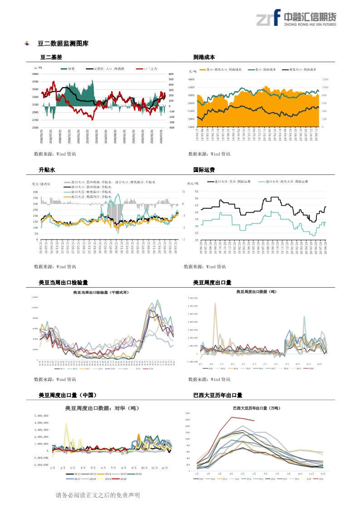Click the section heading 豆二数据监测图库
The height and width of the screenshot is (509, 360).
coord(63,44)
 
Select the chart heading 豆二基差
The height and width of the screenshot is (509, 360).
coord(51,58)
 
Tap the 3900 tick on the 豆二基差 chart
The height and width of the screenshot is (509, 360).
coord(35,74)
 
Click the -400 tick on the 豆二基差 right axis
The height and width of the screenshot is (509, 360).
coord(171,127)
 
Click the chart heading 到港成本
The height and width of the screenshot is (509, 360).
coord(204,58)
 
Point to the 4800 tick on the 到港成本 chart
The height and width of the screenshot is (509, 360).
coord(191,79)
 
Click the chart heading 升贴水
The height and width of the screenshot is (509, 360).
coord(47,170)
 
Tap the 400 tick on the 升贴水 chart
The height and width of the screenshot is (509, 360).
coord(35,192)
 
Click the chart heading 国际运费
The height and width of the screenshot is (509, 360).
coord(204,170)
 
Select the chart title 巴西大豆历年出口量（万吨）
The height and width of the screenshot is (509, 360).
coord(256,408)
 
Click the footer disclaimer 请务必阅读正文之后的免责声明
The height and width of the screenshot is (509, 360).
coord(98,495)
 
